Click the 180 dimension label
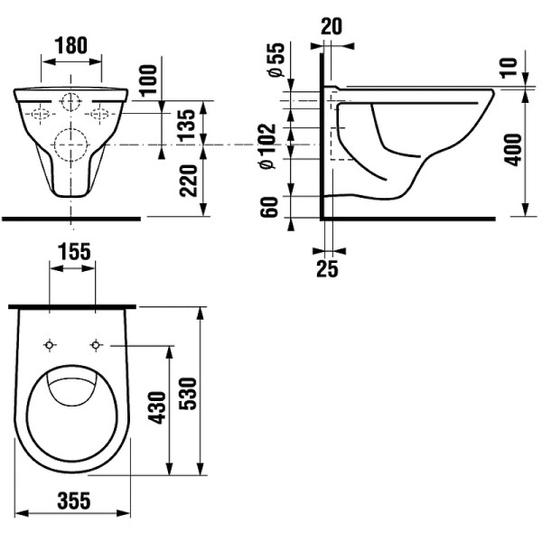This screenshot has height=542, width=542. (71, 45)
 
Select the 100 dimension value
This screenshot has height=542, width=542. (148, 82)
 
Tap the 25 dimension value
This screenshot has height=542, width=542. (327, 269)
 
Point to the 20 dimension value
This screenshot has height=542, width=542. (332, 26)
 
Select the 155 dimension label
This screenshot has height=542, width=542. (72, 252)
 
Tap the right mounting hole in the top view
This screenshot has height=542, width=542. (96, 345)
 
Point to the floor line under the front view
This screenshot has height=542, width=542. (71, 218)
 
